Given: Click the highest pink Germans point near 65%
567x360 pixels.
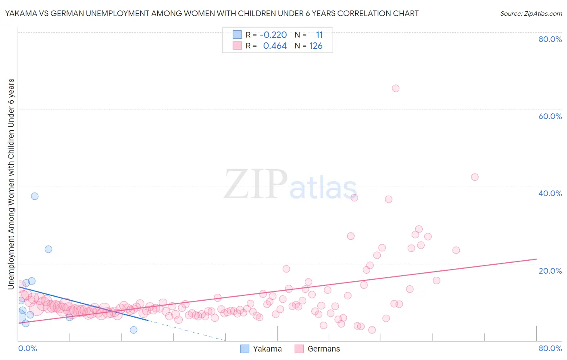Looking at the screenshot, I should point(396,88).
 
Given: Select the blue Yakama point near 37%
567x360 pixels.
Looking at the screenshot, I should point(35,196).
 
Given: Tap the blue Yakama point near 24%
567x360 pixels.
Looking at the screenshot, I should point(48,249).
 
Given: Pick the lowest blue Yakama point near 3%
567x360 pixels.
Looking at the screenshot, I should point(133,330).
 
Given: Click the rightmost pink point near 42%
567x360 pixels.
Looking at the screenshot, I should point(475,177).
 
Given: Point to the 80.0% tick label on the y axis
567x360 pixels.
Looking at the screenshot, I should point(550,39).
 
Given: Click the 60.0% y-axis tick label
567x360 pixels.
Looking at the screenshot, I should point(550,116).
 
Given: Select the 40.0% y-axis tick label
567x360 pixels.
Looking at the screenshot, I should point(550,193).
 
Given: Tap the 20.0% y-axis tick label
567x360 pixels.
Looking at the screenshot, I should point(550,271).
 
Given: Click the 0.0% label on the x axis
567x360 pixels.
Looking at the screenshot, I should point(27,348).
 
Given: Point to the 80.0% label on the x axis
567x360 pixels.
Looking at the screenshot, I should point(550,348).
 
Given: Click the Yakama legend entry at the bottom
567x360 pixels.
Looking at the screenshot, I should point(261,349).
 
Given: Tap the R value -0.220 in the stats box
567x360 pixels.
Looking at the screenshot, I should point(273,35).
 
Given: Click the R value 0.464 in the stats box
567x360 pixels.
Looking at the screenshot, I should point(275,46).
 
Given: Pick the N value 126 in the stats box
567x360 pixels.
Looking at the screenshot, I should point(316,46).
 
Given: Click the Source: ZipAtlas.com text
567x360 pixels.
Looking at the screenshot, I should point(531,13).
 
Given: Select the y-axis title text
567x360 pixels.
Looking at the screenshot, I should point(11,184).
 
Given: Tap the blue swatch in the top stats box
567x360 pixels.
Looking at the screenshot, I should point(237,35).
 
